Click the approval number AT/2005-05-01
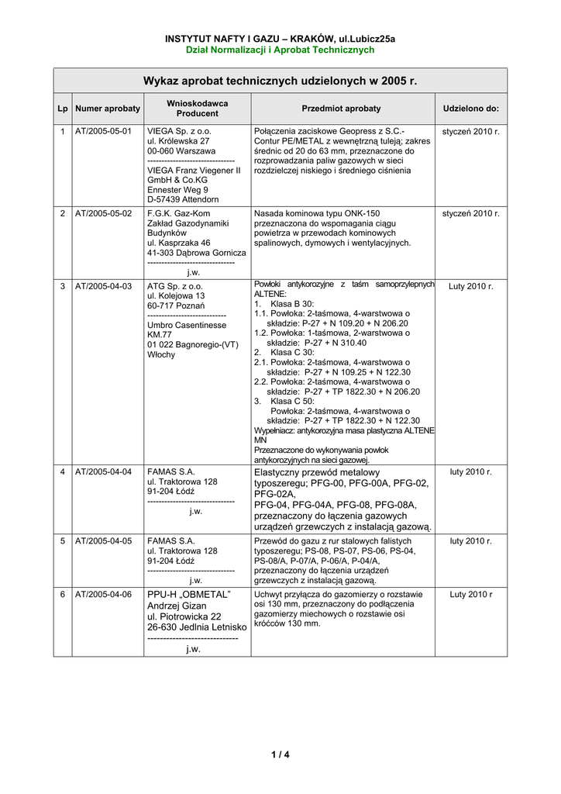tap(103, 131)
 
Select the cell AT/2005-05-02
tap(103, 212)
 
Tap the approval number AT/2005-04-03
tap(103, 286)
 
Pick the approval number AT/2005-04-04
tap(103, 471)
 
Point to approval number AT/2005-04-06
tap(103, 595)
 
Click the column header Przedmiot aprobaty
tap(341, 109)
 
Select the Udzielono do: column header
tap(471, 109)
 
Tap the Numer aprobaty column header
tap(108, 109)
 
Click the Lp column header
tap(62, 109)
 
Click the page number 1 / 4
tap(280, 754)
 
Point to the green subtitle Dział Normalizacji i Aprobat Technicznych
tap(280, 50)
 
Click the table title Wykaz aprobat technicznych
tap(280, 81)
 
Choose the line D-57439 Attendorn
tap(183, 199)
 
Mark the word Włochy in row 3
tap(161, 354)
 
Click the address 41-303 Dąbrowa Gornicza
tap(197, 253)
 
